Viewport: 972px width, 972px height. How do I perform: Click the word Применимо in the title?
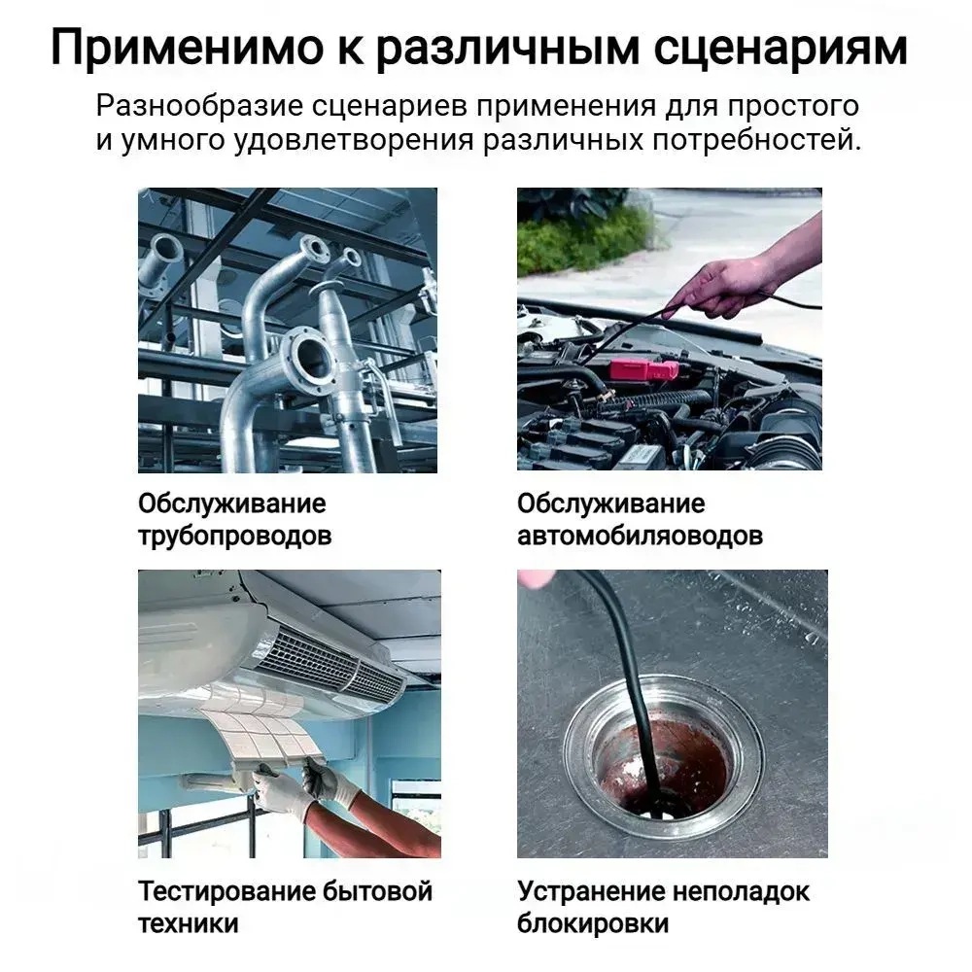(188, 47)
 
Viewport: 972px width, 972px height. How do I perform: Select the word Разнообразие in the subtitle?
(199, 107)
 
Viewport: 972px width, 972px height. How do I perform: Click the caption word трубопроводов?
(235, 537)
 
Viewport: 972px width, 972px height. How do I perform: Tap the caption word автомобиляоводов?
(640, 537)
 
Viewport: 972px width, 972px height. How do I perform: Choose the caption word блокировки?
(593, 924)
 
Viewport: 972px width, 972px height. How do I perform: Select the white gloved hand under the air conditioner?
(279, 791)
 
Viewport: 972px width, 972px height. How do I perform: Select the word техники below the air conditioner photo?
(188, 924)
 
